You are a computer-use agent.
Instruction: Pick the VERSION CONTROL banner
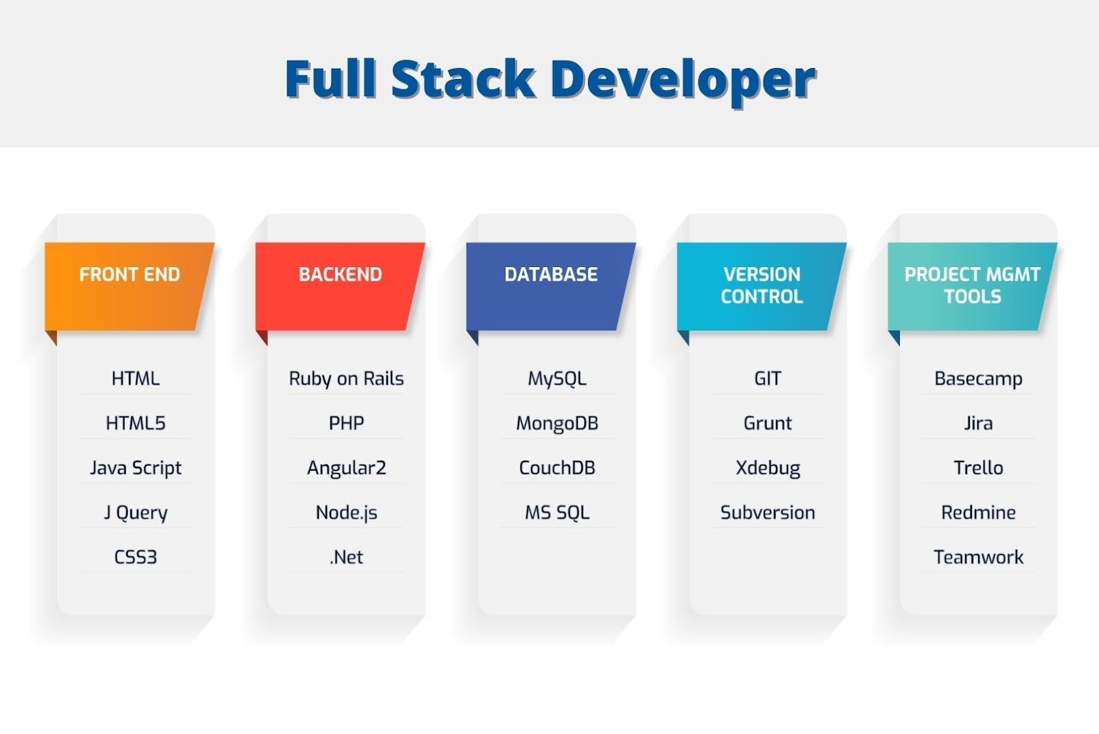pos(762,286)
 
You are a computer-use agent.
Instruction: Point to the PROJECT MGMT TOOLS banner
pos(972,286)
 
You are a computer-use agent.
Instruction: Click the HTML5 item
pos(135,423)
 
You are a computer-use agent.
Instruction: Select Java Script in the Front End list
pos(135,468)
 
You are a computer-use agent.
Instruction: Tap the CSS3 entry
pos(135,557)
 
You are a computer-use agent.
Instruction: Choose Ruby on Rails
pos(346,379)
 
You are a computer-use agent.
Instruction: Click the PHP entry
pos(346,423)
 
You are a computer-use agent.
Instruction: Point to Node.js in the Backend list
pos(346,513)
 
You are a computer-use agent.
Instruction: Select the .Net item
pos(346,557)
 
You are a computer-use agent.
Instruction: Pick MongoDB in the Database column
pos(557,424)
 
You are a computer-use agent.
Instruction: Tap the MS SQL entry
pos(557,513)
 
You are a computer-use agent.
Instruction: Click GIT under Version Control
pos(767,379)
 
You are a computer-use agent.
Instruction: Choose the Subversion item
pos(767,513)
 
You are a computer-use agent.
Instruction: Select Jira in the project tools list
pos(978,423)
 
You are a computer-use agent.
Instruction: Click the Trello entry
pos(978,468)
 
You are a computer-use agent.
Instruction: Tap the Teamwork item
pos(978,557)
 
